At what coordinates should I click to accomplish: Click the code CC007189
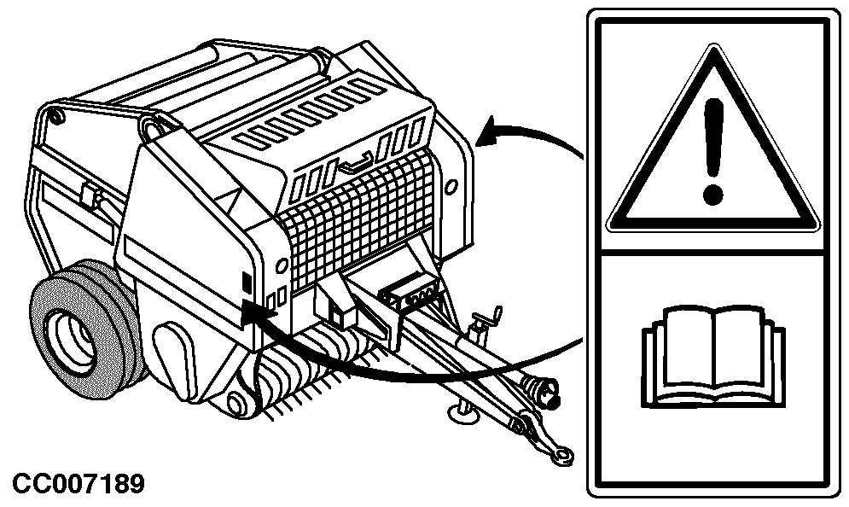(79, 484)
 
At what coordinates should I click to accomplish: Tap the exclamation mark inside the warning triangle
(713, 152)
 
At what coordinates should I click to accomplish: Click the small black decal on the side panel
(247, 282)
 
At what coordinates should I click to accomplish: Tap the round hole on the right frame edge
(451, 187)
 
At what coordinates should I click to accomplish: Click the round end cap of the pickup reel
(236, 404)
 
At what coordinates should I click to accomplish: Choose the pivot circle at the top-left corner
(53, 116)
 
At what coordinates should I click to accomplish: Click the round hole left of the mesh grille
(281, 266)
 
